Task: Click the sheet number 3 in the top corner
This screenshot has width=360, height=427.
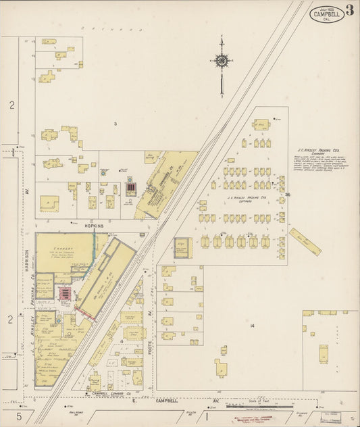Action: click(x=350, y=9)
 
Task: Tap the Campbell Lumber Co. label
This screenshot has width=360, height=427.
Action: click(x=111, y=392)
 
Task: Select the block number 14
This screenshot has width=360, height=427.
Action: click(x=251, y=326)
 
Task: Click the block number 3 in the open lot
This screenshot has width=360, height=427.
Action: click(x=115, y=124)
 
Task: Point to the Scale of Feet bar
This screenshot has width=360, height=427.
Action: click(x=254, y=406)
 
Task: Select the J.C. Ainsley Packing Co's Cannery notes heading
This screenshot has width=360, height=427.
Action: click(x=318, y=152)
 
